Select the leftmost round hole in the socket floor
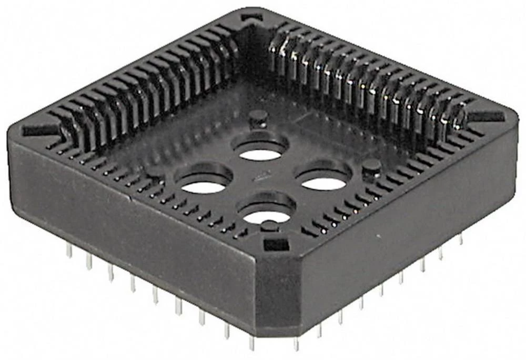point(203,185)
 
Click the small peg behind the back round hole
point(257,118)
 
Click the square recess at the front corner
point(276,244)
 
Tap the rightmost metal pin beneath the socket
point(461,240)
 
